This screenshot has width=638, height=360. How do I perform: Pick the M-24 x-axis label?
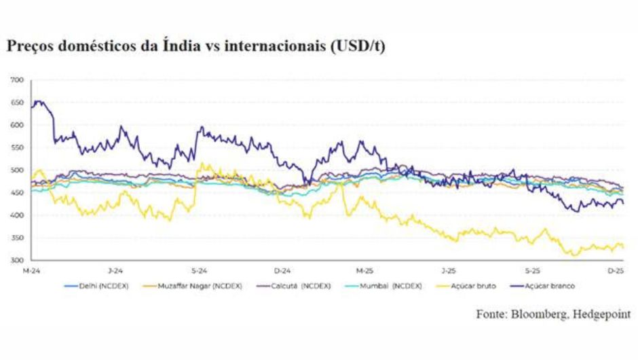coord(31,270)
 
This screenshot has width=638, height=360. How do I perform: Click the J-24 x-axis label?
coord(114,270)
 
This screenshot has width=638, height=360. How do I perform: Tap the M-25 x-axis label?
coord(365,270)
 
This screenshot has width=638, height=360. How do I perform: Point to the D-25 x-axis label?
coord(616,270)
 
